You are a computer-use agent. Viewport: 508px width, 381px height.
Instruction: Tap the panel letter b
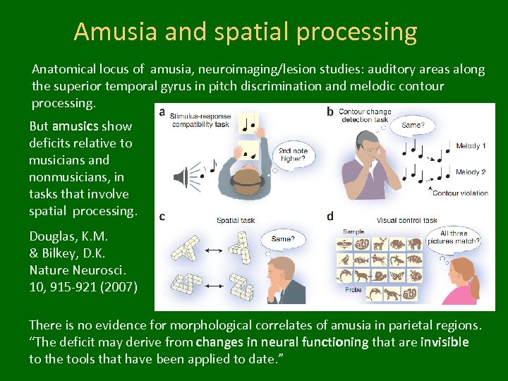tap(330, 112)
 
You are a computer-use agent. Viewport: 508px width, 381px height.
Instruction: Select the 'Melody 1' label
tap(471, 146)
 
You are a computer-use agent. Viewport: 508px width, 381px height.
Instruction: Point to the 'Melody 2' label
tap(471, 172)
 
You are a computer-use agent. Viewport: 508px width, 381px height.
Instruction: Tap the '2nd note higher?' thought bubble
tap(292, 155)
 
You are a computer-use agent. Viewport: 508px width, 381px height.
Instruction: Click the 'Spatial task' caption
tap(236, 221)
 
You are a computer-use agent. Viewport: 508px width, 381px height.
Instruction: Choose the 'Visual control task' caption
tap(407, 220)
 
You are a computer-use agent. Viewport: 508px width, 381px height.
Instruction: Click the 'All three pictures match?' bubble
tap(459, 238)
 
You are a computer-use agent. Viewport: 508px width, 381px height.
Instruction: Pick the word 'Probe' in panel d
tap(352, 290)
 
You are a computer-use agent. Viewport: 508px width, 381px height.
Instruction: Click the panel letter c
tap(162, 217)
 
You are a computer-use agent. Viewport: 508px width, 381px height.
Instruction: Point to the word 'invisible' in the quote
tap(443, 342)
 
